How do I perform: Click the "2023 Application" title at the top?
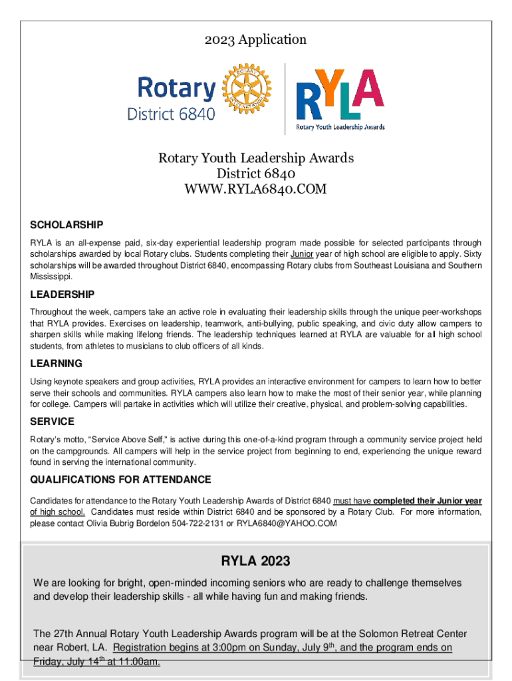255,40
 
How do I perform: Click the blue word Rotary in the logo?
176,88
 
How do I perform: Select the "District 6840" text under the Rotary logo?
172,114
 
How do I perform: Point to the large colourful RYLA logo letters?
339,93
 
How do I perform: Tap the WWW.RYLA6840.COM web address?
255,190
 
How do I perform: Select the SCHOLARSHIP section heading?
66,225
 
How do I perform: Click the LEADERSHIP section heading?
63,294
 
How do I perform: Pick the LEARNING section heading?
57,363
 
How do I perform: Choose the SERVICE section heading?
53,422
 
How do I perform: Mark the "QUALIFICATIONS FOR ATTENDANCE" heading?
120,479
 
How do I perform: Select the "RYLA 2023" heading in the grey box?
255,561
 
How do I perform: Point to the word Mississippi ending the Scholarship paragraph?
53,276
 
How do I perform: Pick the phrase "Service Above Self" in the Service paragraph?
120,440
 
